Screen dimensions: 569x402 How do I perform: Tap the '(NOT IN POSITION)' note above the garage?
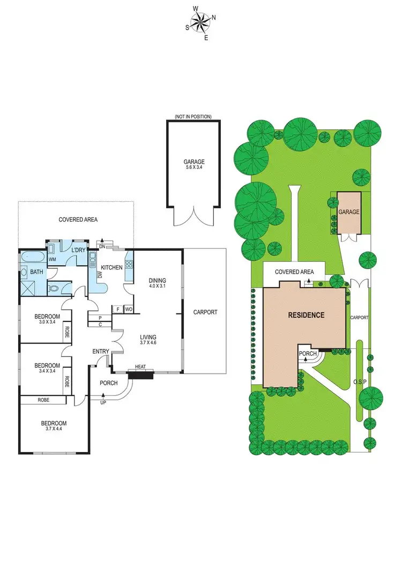tap(193, 116)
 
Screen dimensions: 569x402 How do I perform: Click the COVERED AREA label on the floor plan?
tap(78, 220)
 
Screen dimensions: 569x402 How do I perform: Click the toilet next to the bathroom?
tap(54, 287)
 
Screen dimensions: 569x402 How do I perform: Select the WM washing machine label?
tap(53, 259)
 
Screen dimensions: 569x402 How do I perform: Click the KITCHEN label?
tap(112, 267)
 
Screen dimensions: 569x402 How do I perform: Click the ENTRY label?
tap(101, 352)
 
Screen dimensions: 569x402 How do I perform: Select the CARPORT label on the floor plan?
tap(205, 312)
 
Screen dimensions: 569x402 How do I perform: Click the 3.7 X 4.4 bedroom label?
tap(54, 426)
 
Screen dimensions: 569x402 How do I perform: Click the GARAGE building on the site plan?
tap(348, 213)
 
